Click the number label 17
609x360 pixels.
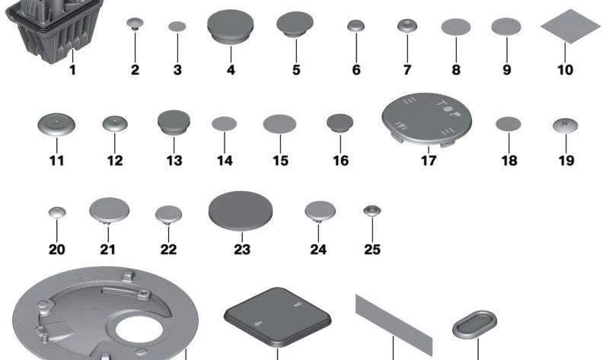pyautogui.click(x=428, y=161)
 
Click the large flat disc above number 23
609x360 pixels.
pyautogui.click(x=241, y=209)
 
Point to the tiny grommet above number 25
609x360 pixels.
pyautogui.click(x=371, y=209)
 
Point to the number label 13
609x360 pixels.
pyautogui.click(x=174, y=161)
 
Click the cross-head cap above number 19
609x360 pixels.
pyautogui.click(x=563, y=123)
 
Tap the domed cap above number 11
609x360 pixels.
pyautogui.click(x=56, y=124)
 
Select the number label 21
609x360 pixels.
pyautogui.click(x=107, y=250)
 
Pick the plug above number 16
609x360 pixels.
pyautogui.click(x=340, y=123)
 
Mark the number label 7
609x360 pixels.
pyautogui.click(x=407, y=70)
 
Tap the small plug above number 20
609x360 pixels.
pyautogui.click(x=57, y=212)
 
